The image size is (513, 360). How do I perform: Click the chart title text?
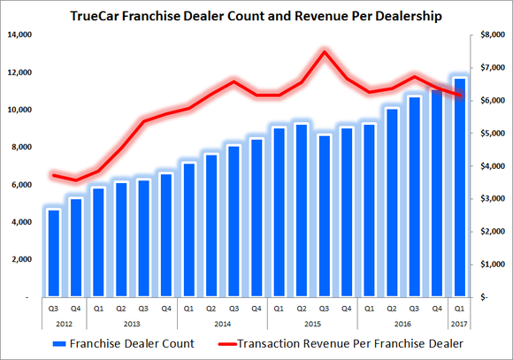(x=256, y=15)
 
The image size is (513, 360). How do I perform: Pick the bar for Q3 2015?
(x=325, y=216)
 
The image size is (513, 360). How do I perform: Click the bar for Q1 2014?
(x=188, y=230)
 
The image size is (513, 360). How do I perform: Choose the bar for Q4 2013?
(x=165, y=235)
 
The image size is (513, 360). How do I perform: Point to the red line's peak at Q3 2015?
(x=325, y=51)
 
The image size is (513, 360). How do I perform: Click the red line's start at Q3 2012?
(x=53, y=175)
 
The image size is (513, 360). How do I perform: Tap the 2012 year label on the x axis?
(x=65, y=324)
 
